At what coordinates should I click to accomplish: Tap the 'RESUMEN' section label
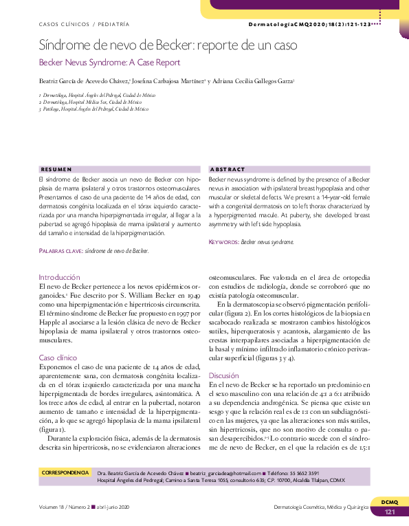click(x=56, y=169)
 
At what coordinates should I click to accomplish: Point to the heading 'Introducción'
click(x=60, y=277)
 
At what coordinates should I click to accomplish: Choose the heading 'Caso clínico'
click(x=58, y=358)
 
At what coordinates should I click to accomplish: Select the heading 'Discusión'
click(x=223, y=375)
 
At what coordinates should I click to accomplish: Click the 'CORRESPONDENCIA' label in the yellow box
click(x=66, y=473)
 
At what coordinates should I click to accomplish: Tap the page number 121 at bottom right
click(x=389, y=512)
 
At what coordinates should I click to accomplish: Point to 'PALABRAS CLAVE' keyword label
click(x=61, y=251)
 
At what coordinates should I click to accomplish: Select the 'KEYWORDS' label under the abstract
click(x=224, y=242)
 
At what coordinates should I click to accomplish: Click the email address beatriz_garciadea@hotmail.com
click(x=225, y=474)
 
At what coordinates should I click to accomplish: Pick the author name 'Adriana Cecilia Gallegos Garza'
click(x=252, y=81)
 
